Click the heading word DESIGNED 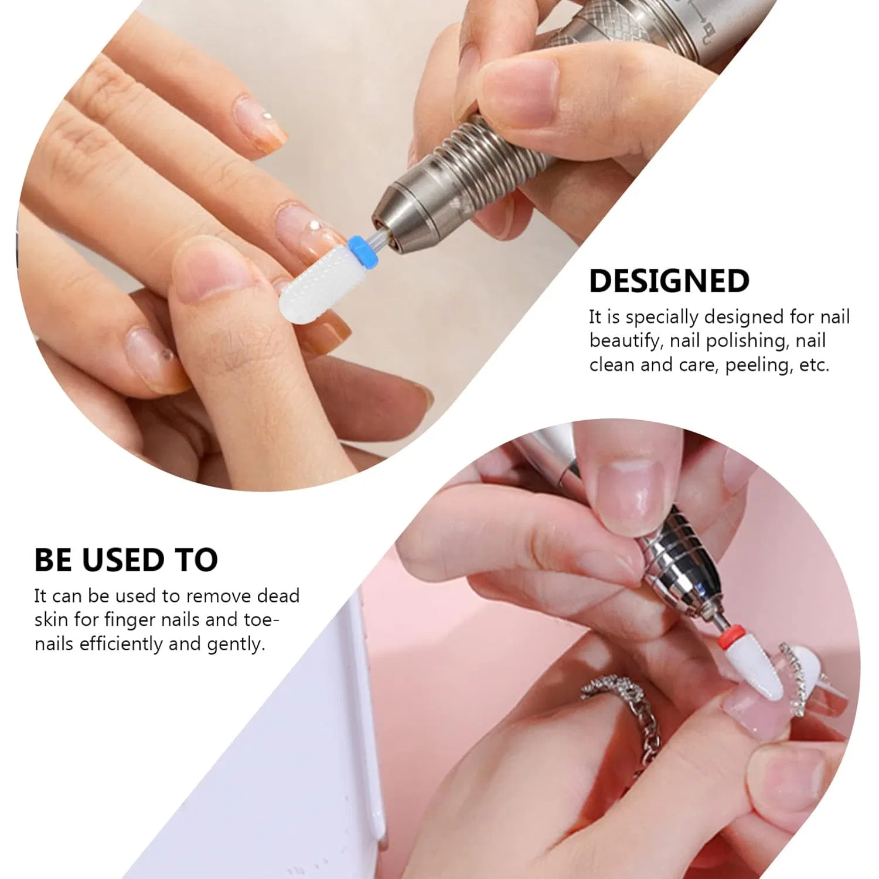pyautogui.click(x=669, y=281)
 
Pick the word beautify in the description pyautogui.click(x=626, y=341)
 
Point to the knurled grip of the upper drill pyautogui.click(x=609, y=29)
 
